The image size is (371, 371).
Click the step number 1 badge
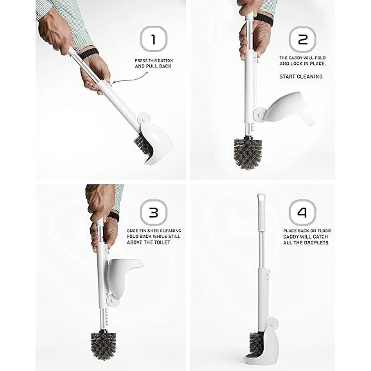(x=153, y=39)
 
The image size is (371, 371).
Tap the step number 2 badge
(x=302, y=39)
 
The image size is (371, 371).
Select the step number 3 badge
(x=153, y=212)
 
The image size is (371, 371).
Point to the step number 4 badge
(x=302, y=212)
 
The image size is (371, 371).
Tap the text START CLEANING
(x=301, y=76)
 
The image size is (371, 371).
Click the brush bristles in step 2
(x=248, y=153)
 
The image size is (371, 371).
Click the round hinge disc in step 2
(x=259, y=115)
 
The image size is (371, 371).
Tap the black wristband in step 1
(x=88, y=54)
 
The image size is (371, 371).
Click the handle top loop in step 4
(x=261, y=198)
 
